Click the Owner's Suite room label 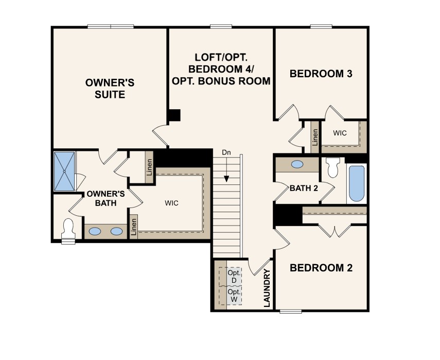pos(110,89)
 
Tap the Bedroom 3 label pos(321,74)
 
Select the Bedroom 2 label pos(321,268)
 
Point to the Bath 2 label pos(304,188)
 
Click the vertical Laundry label pos(267,288)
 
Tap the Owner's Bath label pos(106,198)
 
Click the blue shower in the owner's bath pos(64,172)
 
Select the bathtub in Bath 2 pos(357,183)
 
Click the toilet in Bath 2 pos(333,167)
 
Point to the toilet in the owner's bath pos(68,229)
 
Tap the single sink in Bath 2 pos(297,164)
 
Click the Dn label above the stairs pos(226,152)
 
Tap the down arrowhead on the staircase pos(226,179)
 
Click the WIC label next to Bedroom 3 pos(340,133)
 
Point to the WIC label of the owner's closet pos(171,203)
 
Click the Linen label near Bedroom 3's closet pos(315,137)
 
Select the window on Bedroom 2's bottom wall pos(291,312)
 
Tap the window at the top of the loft pos(221,26)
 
